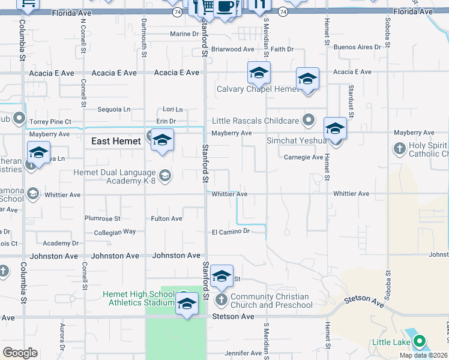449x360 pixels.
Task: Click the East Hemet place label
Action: (x=116, y=142)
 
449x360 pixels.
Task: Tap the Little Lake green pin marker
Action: (x=420, y=342)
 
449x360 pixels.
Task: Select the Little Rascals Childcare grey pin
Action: (x=309, y=120)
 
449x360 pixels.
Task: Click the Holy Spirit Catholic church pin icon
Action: (x=400, y=148)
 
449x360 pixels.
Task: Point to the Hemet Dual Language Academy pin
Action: (x=165, y=175)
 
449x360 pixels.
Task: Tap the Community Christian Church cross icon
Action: (x=221, y=299)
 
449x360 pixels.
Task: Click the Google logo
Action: (x=20, y=353)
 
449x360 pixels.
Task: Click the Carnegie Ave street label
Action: (x=303, y=157)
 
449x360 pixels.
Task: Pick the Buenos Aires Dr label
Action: (x=357, y=47)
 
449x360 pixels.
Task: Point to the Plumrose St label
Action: (x=103, y=219)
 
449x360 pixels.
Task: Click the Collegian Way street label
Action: (x=115, y=232)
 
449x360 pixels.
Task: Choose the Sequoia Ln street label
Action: (x=114, y=109)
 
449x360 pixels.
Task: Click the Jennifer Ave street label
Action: (x=245, y=353)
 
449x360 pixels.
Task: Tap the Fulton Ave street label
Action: (x=166, y=219)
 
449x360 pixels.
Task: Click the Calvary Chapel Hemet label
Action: (x=258, y=89)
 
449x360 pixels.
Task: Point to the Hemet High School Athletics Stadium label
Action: (x=139, y=298)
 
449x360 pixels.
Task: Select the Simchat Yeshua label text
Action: (x=297, y=141)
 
